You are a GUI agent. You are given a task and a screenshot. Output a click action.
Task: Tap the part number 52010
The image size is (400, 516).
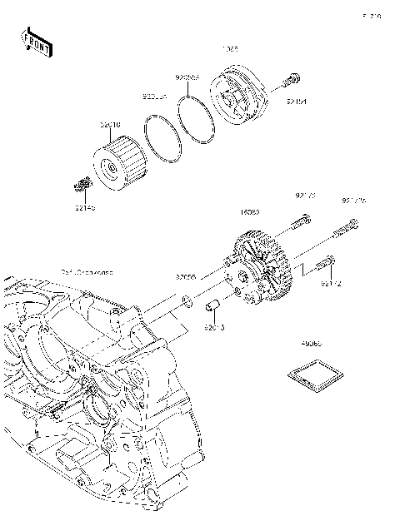coord(111,126)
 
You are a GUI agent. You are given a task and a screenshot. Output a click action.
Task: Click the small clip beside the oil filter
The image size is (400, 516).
coord(82,183)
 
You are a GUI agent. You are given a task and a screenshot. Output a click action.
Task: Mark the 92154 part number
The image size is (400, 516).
coord(297,102)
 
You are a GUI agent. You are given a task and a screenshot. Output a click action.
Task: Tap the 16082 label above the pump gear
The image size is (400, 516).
coord(250,212)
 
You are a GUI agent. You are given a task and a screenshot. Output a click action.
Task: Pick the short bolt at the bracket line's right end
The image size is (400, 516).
coord(330,265)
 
